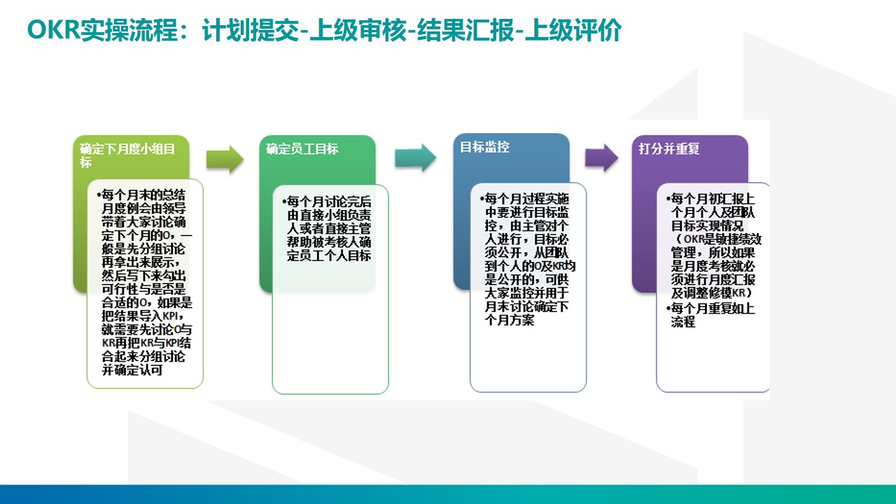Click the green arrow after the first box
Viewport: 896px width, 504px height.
pyautogui.click(x=225, y=160)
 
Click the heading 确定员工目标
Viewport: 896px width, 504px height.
pyautogui.click(x=302, y=149)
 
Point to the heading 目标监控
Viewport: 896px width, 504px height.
pyautogui.click(x=484, y=147)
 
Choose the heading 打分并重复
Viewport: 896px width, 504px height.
pyautogui.click(x=668, y=149)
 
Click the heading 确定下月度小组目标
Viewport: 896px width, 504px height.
pyautogui.click(x=127, y=155)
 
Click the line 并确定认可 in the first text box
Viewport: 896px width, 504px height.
pyautogui.click(x=132, y=370)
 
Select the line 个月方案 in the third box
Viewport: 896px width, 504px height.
pyautogui.click(x=509, y=321)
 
